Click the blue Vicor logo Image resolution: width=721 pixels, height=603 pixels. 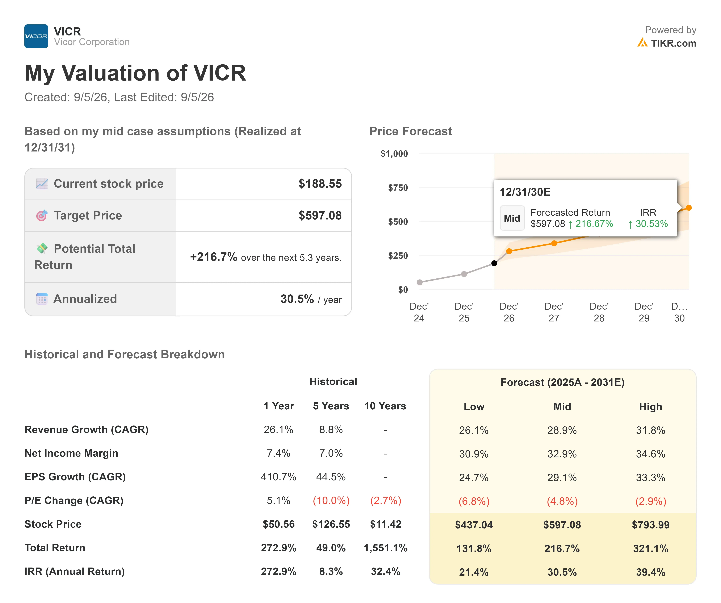point(36,36)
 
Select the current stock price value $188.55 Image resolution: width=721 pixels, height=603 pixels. point(320,184)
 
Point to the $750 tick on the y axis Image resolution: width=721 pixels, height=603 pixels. point(398,188)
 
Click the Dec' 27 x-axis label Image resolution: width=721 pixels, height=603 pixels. point(554,312)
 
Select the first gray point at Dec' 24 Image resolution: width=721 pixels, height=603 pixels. point(420,282)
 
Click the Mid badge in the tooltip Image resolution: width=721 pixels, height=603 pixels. point(512,218)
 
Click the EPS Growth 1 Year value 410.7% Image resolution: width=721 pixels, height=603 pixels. point(278,477)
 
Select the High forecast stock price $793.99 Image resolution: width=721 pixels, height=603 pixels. point(651,525)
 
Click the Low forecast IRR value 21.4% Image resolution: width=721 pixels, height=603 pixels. point(474,572)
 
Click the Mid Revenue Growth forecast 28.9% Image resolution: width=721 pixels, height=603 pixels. point(562,430)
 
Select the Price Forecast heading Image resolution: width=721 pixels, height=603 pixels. point(411,131)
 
